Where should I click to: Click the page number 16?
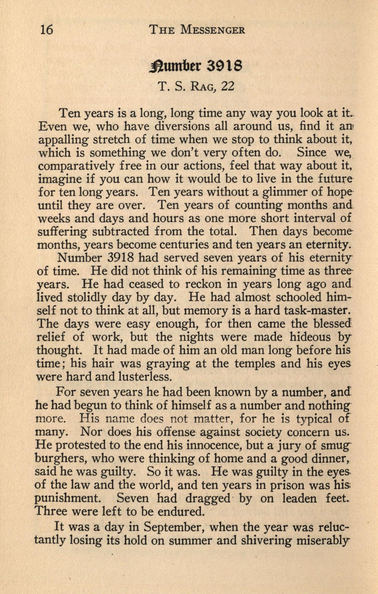click(47, 30)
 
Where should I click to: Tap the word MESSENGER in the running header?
click(213, 30)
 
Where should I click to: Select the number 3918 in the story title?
click(224, 66)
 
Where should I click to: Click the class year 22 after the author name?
click(227, 86)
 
